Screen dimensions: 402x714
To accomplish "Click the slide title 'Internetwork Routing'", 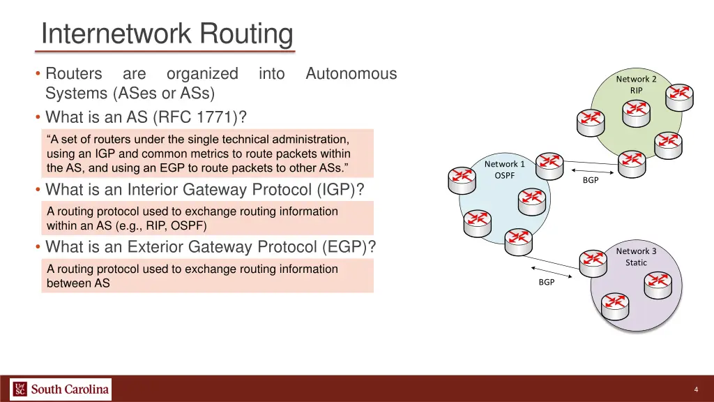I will [167, 33].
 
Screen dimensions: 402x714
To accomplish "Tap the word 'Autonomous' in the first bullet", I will [351, 73].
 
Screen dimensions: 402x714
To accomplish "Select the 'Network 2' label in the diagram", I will [636, 79].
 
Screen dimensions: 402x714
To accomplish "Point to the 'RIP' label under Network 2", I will [636, 90].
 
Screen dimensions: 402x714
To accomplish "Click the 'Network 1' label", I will [504, 164].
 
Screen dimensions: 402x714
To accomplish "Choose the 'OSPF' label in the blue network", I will [504, 176].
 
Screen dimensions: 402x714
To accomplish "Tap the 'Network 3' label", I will [636, 251].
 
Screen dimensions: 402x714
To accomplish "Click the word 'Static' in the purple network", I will [636, 262].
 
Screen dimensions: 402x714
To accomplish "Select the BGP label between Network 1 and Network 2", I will [591, 180].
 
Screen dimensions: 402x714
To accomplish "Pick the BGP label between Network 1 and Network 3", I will [547, 282].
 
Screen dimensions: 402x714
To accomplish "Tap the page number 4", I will [697, 389].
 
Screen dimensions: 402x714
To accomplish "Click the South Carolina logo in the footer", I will [61, 389].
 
